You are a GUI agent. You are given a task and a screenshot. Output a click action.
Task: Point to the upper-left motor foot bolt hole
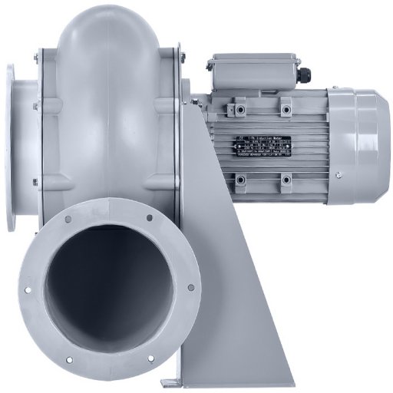point(239,104)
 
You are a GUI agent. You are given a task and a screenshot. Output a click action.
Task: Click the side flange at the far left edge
point(11,146)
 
